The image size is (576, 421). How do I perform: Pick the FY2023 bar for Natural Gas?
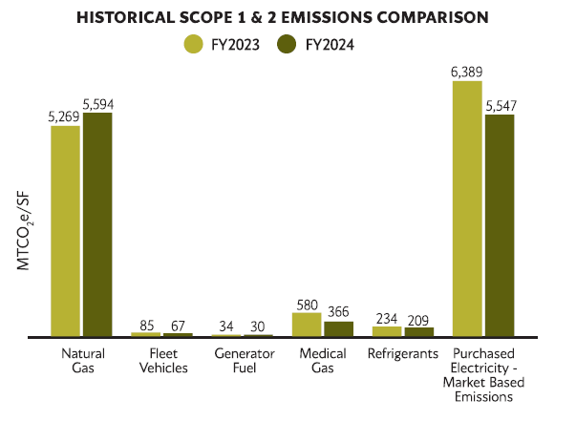coord(65,231)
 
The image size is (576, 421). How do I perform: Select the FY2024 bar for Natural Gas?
coord(97,224)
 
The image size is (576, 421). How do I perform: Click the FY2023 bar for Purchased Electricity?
coord(467,209)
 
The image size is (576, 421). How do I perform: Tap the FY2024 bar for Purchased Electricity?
coord(500,225)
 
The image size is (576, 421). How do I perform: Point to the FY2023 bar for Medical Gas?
coord(307,325)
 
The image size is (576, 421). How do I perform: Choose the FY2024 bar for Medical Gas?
coord(338,329)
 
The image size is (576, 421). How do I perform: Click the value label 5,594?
coord(97,104)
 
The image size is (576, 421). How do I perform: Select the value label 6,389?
coord(467,73)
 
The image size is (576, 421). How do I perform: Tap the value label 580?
coord(307,304)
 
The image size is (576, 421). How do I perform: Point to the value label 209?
coord(419,319)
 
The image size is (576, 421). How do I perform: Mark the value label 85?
coord(145,324)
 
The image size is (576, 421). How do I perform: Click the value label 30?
coord(258,326)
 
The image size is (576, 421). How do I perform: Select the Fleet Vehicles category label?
coord(161,360)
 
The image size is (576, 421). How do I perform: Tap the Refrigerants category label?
coord(402,353)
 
